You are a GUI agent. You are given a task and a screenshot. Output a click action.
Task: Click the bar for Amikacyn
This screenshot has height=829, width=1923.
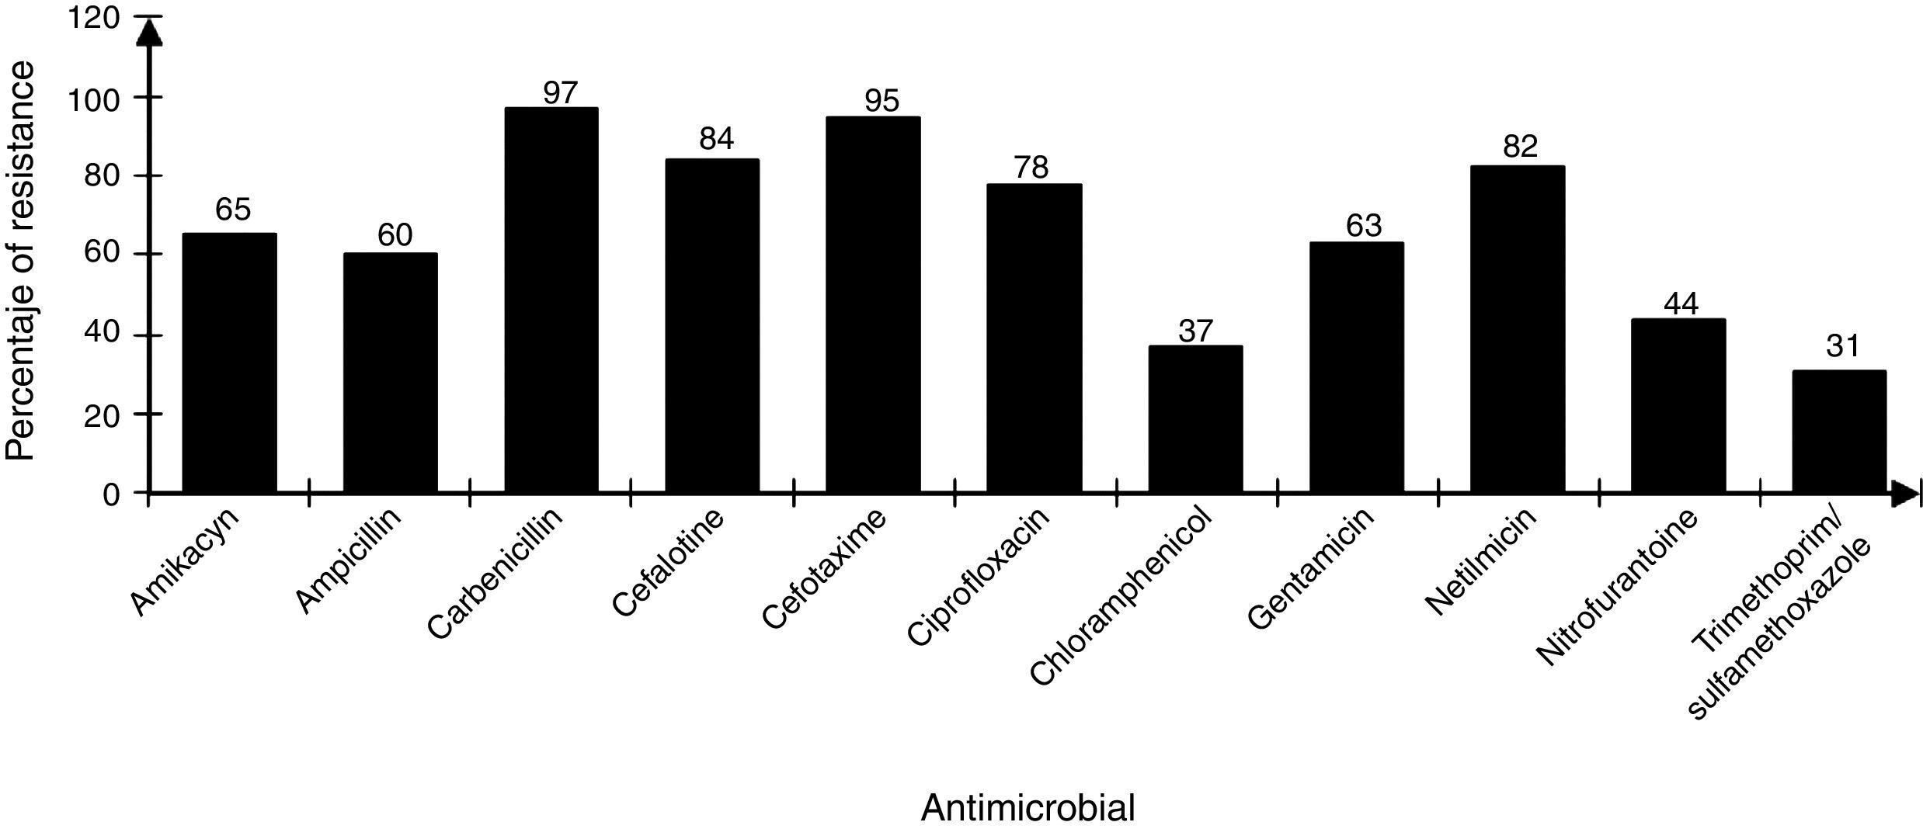pos(229,362)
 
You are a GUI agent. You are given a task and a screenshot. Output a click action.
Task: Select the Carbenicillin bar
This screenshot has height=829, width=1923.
pos(551,300)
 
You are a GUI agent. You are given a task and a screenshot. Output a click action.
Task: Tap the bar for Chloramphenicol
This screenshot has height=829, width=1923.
pos(1195,419)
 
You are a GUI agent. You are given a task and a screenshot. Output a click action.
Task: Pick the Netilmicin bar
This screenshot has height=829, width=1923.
pos(1518,329)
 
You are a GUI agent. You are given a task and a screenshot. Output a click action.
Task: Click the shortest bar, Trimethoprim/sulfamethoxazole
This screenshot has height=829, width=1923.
pos(1839,432)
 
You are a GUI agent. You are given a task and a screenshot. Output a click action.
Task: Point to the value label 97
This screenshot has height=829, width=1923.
pos(560,92)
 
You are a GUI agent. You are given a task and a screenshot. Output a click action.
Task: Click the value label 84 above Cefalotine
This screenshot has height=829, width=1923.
pos(716,139)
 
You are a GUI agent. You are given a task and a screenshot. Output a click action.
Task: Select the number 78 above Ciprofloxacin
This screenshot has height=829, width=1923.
pos(1031,167)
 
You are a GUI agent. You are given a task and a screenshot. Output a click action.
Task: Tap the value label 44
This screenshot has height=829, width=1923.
pos(1681,304)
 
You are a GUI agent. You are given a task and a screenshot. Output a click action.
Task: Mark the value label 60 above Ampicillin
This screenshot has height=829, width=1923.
pos(395,235)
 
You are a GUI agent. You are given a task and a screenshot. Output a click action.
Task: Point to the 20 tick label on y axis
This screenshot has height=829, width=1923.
pos(103,414)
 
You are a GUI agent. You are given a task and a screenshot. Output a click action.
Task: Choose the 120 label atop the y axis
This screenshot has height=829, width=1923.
pos(94,17)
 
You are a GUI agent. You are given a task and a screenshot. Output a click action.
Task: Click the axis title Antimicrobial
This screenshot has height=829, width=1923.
pos(1027,809)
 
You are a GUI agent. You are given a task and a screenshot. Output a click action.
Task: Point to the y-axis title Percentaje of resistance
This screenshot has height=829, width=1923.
pos(20,262)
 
